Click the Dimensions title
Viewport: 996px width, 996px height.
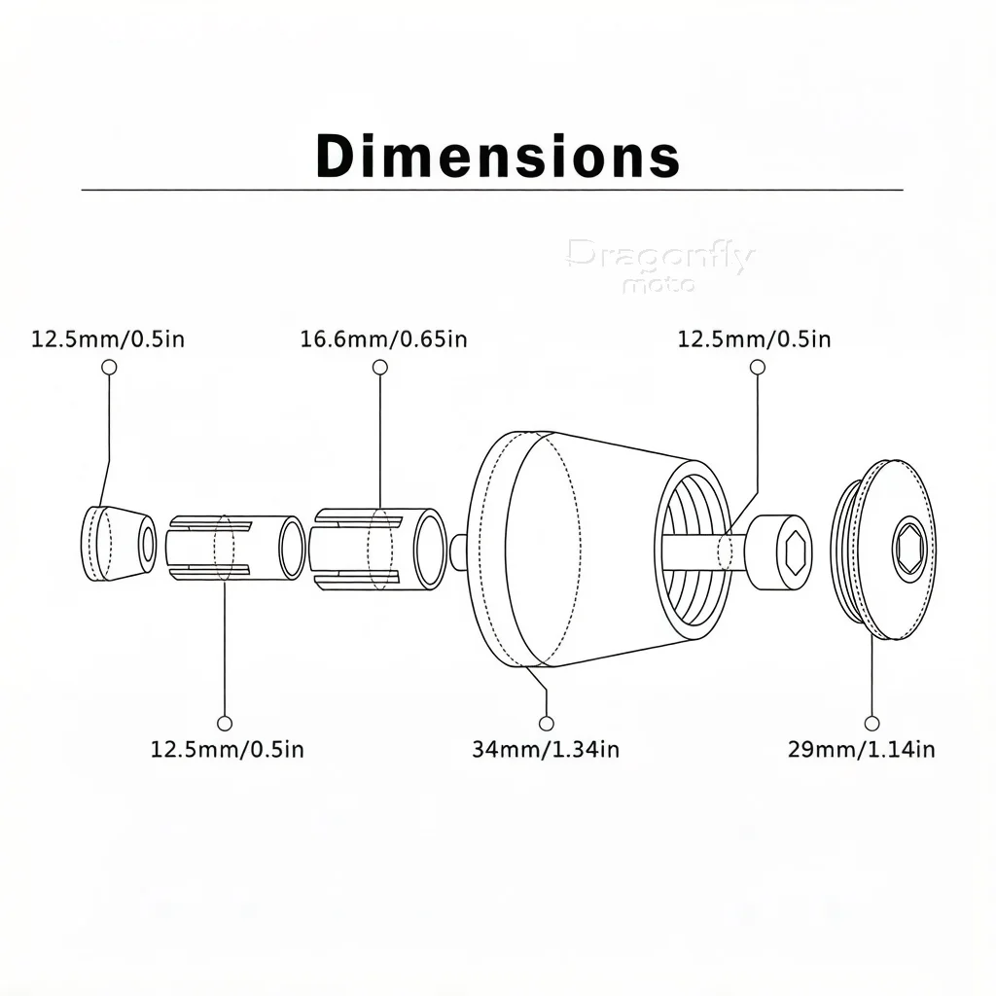tap(498, 156)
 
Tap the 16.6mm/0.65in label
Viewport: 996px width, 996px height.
tap(383, 339)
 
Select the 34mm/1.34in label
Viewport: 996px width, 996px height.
tap(546, 750)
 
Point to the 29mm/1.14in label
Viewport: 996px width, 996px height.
tap(862, 750)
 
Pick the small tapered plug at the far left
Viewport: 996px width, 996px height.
tap(118, 544)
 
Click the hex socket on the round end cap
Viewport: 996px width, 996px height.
tap(910, 550)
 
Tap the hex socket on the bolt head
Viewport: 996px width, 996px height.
tap(795, 552)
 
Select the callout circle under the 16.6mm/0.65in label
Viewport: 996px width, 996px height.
tap(380, 367)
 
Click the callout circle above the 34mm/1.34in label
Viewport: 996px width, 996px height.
tap(547, 723)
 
